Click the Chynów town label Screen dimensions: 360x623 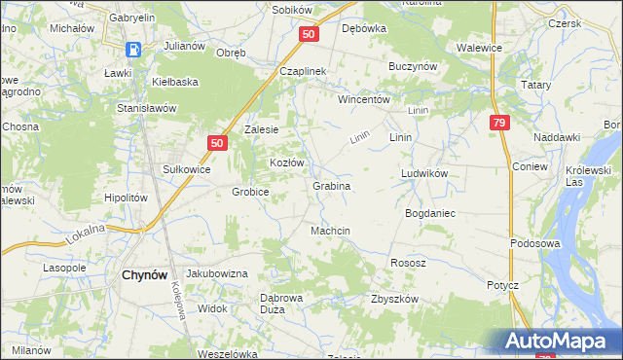(x=148, y=275)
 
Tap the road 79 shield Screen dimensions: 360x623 (x=499, y=123)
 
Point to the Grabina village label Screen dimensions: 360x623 (x=331, y=185)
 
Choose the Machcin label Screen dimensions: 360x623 (x=330, y=231)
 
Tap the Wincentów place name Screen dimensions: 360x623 (x=364, y=100)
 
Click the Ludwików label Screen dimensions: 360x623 (x=423, y=173)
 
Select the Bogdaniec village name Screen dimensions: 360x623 (x=430, y=212)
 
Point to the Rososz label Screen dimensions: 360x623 (x=407, y=263)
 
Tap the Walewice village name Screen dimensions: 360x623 (x=479, y=46)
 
